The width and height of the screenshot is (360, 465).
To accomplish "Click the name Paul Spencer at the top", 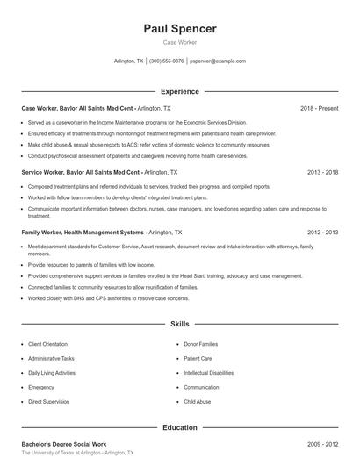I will [x=179, y=28].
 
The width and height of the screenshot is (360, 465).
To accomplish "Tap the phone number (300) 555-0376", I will [x=167, y=61].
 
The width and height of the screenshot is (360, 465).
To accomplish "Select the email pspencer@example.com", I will [x=218, y=61].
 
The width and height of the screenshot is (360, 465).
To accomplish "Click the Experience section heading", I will [x=179, y=91].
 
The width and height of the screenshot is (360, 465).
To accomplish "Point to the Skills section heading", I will [x=179, y=324].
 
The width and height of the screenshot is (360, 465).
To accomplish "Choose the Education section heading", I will [x=179, y=427].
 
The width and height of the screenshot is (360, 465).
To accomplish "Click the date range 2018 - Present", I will [x=319, y=108].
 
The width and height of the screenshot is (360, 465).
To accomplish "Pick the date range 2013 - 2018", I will [x=322, y=173].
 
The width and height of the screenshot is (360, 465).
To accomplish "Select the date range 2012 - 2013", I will [x=322, y=232].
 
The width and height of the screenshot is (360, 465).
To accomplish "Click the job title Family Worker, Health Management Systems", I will [x=84, y=232].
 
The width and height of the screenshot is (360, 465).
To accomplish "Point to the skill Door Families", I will [x=201, y=344].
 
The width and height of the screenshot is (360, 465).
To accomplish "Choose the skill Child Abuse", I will [x=198, y=401].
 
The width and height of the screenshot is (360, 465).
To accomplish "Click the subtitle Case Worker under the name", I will [x=179, y=42].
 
